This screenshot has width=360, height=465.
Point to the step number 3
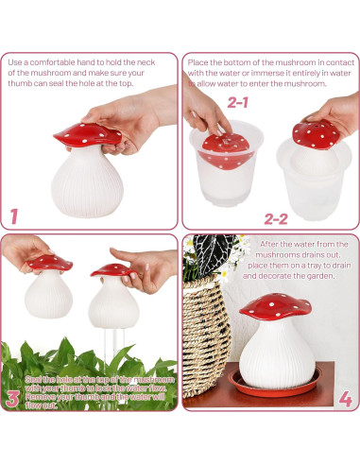click(x=13, y=397)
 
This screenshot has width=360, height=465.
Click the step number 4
click(x=345, y=398)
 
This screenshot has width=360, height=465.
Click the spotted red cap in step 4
click(x=274, y=307)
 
